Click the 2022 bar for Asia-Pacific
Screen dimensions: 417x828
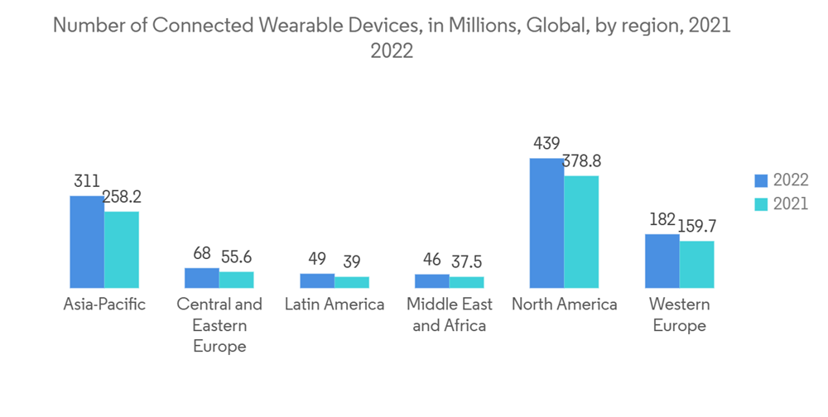[87, 242]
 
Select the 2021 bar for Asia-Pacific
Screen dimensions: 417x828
[122, 249]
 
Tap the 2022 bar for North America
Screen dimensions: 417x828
[546, 223]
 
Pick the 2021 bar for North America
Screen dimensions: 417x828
[581, 232]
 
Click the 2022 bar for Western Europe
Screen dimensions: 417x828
[662, 261]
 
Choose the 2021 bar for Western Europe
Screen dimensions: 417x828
[696, 264]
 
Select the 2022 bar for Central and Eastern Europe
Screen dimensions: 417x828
[202, 278]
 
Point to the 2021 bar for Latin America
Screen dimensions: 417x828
[352, 282]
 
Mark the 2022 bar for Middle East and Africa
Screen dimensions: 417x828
[432, 281]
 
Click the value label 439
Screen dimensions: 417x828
[546, 144]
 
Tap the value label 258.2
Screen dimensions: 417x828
[122, 198]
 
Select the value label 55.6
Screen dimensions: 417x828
[236, 257]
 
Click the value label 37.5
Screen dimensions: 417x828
[467, 262]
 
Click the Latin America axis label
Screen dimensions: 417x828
[335, 304]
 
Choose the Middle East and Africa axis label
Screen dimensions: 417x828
[450, 314]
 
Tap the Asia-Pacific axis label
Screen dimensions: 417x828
[104, 304]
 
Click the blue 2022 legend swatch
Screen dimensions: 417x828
[760, 180]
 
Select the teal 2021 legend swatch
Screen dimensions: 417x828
[760, 204]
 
